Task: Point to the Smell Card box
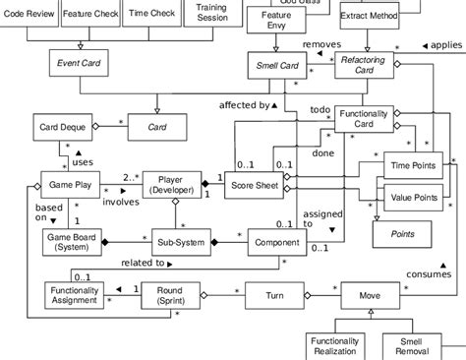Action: [275, 67]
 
